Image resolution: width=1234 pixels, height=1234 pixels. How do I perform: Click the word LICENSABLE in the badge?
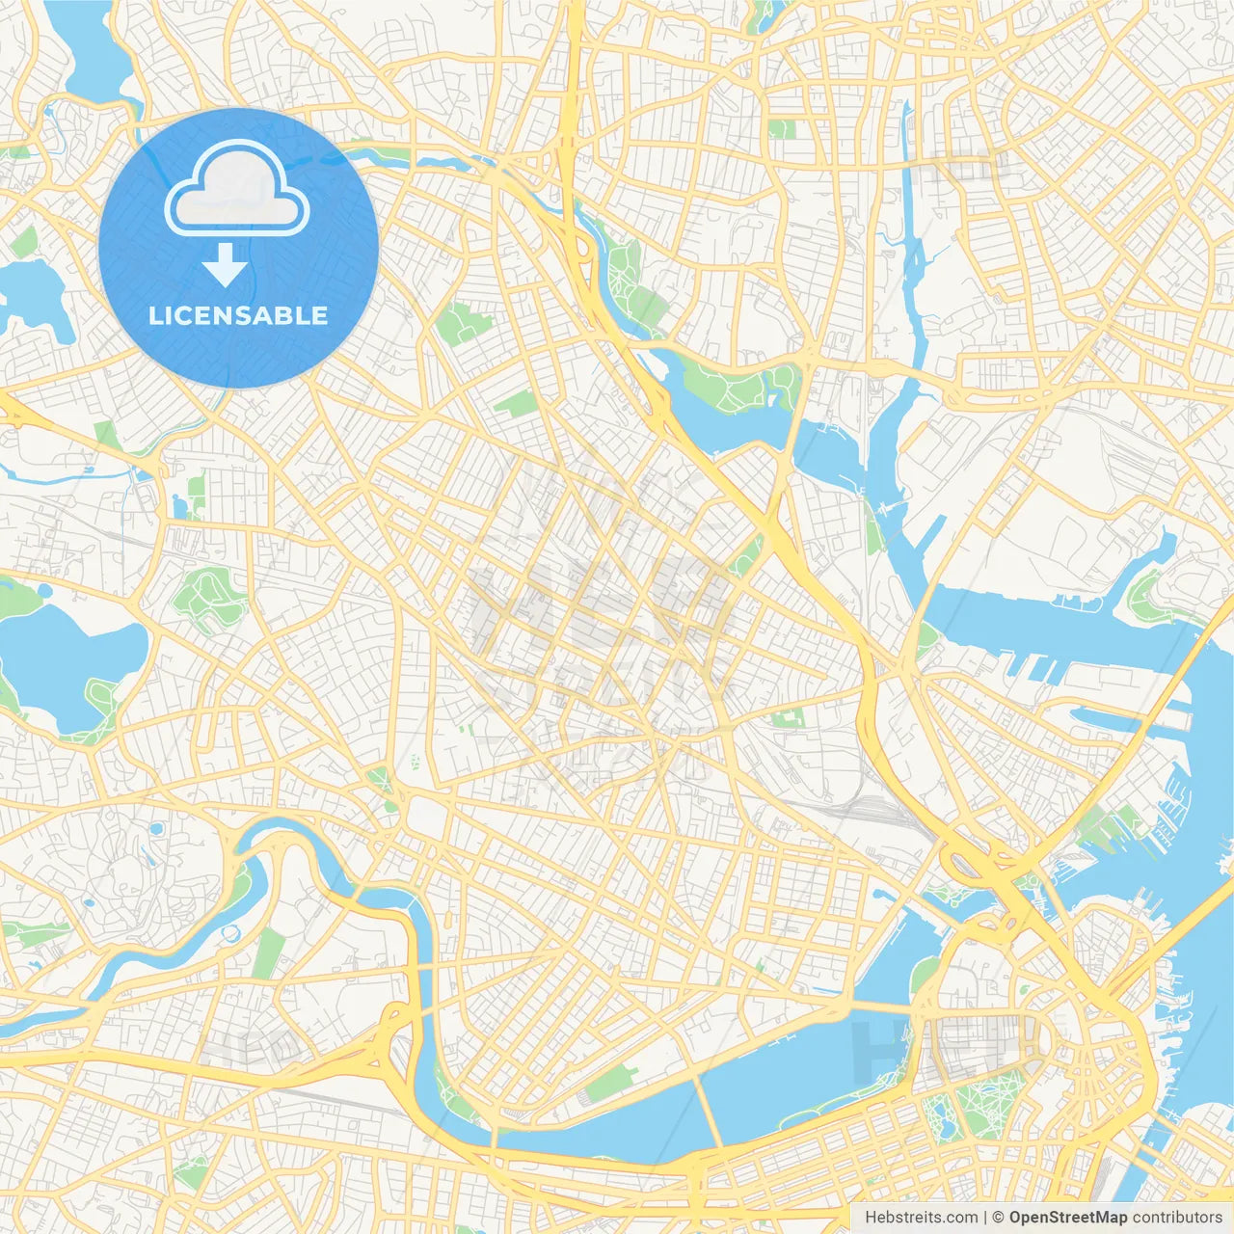238,315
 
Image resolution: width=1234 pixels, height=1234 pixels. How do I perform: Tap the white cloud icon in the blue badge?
237,189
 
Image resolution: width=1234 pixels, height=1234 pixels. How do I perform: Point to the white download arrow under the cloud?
225,265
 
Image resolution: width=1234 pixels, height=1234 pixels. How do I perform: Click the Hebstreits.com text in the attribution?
921,1218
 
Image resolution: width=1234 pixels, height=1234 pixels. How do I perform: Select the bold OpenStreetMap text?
1067,1218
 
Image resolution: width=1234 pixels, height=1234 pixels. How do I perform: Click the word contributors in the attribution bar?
1177,1218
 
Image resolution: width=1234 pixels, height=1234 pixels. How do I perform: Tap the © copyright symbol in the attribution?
998,1218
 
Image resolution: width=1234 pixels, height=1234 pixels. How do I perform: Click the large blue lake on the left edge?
67,665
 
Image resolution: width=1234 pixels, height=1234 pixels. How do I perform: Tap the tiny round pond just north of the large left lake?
181,508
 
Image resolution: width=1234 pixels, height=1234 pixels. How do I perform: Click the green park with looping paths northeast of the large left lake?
208,593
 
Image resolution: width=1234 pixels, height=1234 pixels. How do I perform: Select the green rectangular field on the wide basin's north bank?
610,1085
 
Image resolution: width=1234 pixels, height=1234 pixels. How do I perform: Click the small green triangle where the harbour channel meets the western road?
926,636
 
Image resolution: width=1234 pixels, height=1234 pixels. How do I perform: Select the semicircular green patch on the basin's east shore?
921,974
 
